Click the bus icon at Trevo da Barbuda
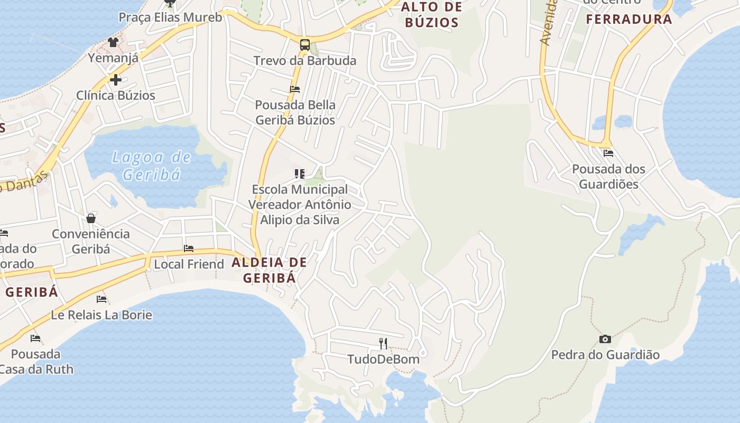tap(305, 44)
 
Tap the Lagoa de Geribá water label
tap(152, 165)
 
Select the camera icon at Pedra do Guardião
tap(605, 339)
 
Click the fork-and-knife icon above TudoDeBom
tap(383, 343)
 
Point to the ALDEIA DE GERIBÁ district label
tap(269, 270)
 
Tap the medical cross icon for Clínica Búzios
tap(116, 80)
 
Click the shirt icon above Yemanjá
tap(113, 42)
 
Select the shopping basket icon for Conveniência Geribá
tap(91, 218)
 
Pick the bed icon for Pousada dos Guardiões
tap(608, 153)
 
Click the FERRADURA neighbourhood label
tap(629, 20)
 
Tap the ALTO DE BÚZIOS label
tap(432, 15)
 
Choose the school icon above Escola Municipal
tap(300, 173)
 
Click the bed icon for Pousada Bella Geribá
tap(295, 89)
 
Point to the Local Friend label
tap(189, 264)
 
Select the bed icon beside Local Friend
tap(189, 249)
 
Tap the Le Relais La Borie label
tap(101, 315)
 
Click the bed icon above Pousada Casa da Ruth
tap(35, 338)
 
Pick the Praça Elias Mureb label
tap(170, 17)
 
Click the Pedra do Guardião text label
tap(605, 355)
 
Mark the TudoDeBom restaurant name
tap(383, 360)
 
